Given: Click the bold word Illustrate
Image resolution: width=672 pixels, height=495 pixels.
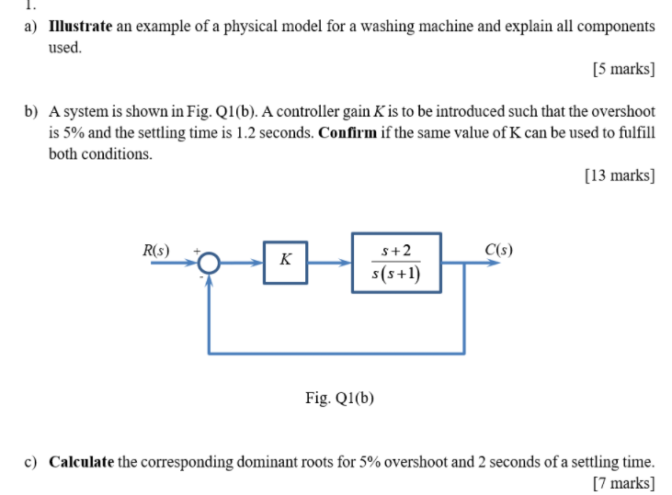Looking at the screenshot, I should (79, 27).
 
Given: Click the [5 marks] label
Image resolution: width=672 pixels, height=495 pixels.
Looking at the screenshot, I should (623, 69).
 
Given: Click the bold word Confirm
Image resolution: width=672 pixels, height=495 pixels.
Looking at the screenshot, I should (349, 132).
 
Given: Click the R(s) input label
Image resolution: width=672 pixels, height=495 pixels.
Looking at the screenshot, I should (155, 248).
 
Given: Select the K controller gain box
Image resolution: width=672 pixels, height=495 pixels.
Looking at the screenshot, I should (285, 262).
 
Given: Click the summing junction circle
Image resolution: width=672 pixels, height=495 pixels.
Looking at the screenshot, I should (210, 263).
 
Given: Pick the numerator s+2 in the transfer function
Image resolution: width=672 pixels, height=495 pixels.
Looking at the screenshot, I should (396, 251).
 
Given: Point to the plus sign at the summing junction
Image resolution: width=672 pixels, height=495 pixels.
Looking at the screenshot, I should (195, 249).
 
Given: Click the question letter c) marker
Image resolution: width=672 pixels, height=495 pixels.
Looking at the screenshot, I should (32, 461).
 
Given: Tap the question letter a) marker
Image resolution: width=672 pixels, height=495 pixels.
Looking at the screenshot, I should (32, 27).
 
